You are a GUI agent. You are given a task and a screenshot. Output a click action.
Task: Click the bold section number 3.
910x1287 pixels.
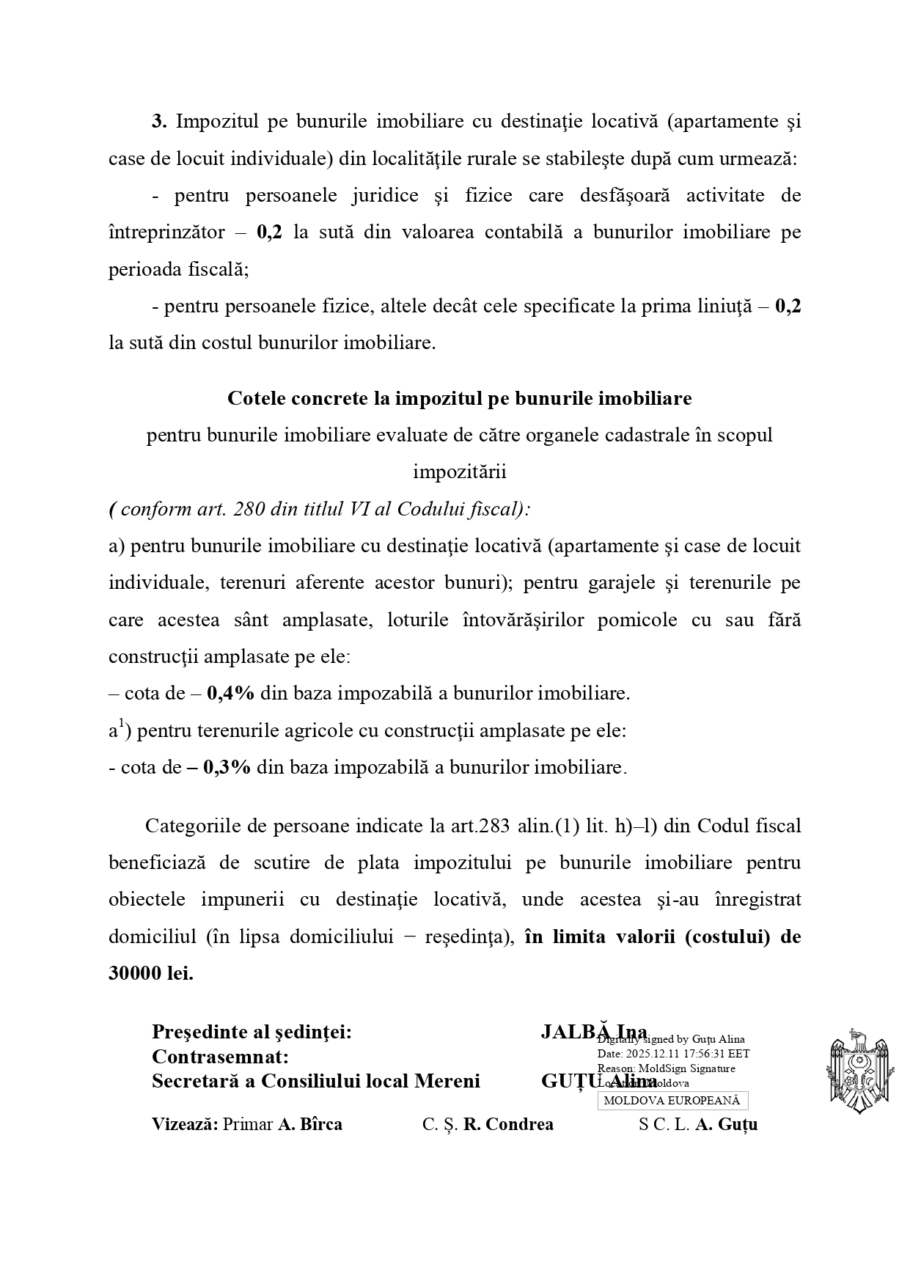point(159,122)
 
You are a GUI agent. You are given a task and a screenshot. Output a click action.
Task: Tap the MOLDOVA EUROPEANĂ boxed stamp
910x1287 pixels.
point(672,1100)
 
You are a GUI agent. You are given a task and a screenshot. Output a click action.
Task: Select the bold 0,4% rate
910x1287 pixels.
point(230,693)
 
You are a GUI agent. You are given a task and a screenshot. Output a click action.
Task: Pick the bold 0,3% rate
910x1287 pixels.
point(227,767)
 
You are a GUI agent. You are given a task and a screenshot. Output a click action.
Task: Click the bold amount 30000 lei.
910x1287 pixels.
point(150,974)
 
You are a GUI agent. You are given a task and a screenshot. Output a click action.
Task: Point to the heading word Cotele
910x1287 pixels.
point(256,398)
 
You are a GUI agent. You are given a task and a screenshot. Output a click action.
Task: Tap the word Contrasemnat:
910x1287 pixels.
point(219,1057)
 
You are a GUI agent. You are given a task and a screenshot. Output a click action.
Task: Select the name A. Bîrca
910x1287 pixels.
point(309,1124)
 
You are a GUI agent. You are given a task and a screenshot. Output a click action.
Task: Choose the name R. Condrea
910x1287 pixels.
point(508,1124)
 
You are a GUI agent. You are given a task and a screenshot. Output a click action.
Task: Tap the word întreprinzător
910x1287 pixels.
point(166,232)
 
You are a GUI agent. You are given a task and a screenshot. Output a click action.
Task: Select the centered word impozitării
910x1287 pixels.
point(460,472)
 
